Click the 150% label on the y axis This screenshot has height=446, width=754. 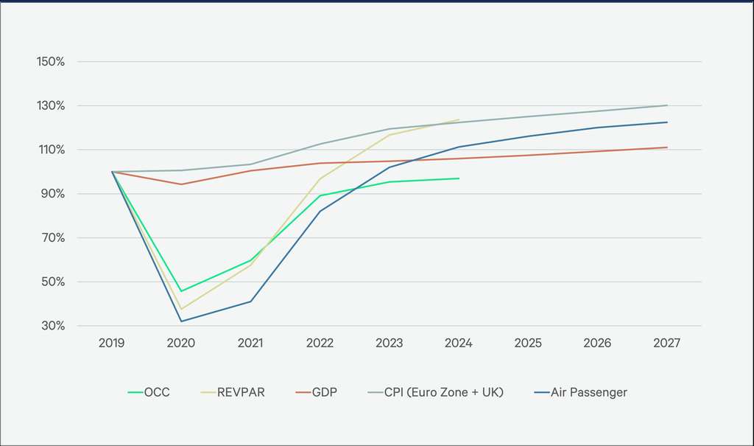(x=52, y=61)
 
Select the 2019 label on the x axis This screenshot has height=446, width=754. (x=112, y=344)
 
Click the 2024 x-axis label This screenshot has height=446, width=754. (x=459, y=344)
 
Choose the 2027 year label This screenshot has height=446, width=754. (x=666, y=344)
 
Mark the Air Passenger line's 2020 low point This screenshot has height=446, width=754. (x=181, y=321)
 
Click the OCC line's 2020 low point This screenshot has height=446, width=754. (x=181, y=291)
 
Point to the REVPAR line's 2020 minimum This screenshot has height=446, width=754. (x=181, y=309)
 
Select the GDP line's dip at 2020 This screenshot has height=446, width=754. (x=181, y=184)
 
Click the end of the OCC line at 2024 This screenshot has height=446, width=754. (x=459, y=178)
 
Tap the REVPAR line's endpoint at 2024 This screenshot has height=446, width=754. (x=459, y=119)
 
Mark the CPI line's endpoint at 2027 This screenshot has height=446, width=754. (x=666, y=105)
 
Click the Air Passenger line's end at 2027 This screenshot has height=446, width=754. (x=666, y=122)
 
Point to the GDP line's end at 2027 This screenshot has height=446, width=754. (x=666, y=147)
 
